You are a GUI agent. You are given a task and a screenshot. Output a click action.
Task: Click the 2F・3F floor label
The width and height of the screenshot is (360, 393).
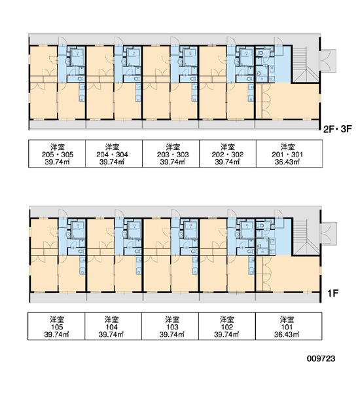coord(338,129)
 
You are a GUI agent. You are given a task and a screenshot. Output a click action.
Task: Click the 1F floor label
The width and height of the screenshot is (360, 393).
coord(333,293)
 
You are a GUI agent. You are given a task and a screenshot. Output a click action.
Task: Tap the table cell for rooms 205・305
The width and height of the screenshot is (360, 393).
coord(57,154)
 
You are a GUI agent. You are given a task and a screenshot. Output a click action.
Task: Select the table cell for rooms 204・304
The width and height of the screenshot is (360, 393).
coord(114,154)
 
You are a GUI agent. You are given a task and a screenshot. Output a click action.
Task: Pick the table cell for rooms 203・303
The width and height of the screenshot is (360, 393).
coord(171,154)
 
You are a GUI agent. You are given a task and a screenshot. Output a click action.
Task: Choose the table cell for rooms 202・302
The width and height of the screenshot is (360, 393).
coord(228,154)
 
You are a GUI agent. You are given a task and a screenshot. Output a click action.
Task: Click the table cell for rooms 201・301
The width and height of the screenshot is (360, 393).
coord(289,154)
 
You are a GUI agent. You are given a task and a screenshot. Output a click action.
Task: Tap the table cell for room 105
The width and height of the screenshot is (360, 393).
coord(56,326)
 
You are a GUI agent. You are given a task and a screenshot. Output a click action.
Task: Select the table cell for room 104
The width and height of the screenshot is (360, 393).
coord(113,326)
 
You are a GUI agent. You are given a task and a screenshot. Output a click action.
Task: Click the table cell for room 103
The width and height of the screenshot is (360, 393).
coord(170,326)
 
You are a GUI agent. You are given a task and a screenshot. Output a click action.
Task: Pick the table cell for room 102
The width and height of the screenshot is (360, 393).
coord(227,326)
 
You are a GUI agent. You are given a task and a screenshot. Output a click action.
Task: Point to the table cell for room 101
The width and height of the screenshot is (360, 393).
coord(289,326)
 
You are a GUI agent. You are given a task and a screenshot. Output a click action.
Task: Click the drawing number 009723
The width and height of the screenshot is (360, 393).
coord(321,358)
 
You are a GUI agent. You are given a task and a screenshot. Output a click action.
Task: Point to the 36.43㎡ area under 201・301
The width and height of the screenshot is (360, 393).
coord(287,162)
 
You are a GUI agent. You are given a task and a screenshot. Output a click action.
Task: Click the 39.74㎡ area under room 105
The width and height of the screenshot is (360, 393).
coord(57,334)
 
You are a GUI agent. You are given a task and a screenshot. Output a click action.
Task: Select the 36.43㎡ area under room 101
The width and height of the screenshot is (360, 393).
coord(287,334)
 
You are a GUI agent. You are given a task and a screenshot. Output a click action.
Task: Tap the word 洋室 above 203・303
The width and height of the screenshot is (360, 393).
coord(173,147)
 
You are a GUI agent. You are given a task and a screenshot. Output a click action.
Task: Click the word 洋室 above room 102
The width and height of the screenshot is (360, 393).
coord(227,320)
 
